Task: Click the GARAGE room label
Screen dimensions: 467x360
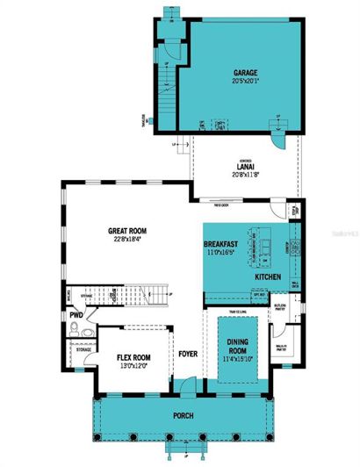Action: [x=244, y=72]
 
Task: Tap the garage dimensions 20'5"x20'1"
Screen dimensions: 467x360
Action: [x=244, y=81]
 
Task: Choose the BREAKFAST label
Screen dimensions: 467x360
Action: [x=223, y=243]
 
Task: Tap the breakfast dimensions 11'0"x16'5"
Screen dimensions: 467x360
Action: [x=223, y=252]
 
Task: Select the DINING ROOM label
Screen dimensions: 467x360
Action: [x=238, y=347]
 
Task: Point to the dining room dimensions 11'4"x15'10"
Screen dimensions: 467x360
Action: [x=238, y=359]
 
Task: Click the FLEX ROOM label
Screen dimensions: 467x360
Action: [x=136, y=357]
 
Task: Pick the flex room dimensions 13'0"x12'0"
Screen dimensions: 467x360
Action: [x=136, y=366]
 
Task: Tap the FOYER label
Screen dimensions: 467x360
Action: [x=188, y=355]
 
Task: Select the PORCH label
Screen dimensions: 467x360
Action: [x=183, y=415]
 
